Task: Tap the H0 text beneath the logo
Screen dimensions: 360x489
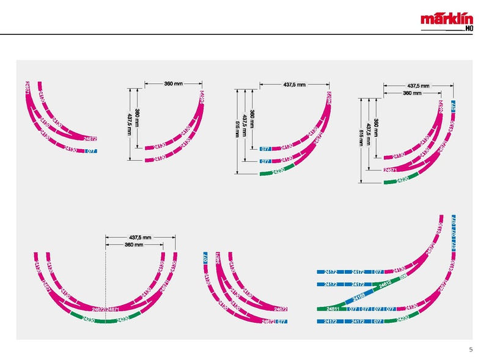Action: pos(468,28)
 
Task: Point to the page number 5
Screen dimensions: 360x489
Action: pos(471,349)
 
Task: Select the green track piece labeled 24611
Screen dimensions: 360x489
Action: pos(333,309)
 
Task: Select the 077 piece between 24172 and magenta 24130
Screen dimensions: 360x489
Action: pos(378,271)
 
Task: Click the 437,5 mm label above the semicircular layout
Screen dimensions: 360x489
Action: pos(140,237)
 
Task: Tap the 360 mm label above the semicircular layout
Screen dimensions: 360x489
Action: pos(134,244)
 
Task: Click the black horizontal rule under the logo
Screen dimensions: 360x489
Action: pos(244,34)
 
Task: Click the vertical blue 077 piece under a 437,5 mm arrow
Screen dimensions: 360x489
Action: pos(453,106)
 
